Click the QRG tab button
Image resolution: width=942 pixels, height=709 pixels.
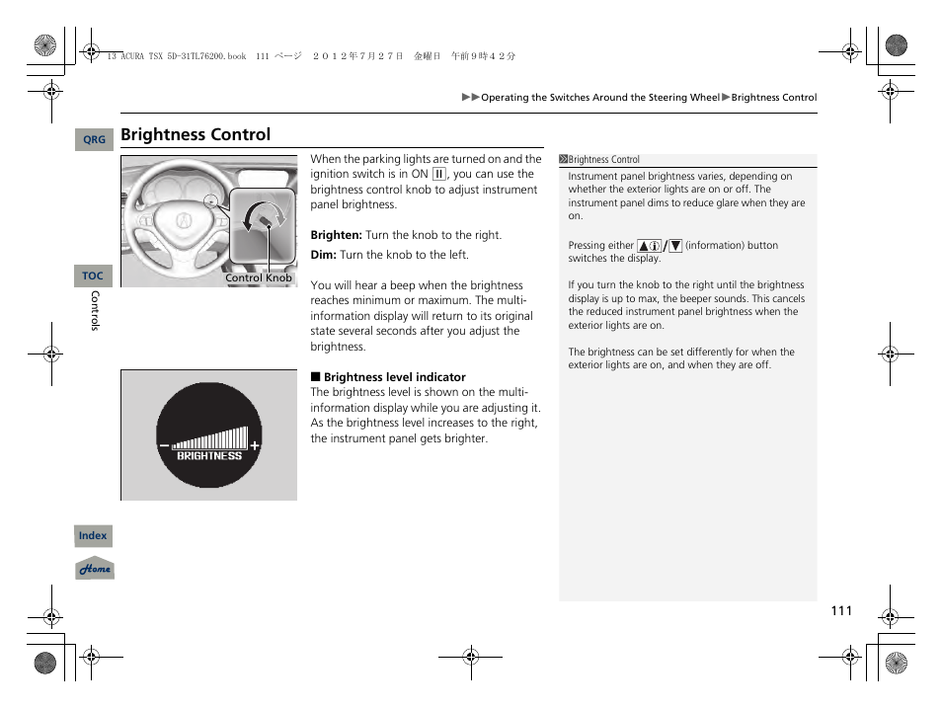tap(94, 140)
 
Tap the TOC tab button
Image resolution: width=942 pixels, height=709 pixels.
tap(93, 276)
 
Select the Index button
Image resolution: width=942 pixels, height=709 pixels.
tap(93, 536)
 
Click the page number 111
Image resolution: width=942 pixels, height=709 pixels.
tap(839, 611)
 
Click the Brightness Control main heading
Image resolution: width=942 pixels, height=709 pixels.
tap(196, 135)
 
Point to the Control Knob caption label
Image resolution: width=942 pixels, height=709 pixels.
tap(259, 278)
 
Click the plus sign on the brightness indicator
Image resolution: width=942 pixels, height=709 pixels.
tap(255, 445)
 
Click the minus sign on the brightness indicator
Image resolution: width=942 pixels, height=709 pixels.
tap(164, 446)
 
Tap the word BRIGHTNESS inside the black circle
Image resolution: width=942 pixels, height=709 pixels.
tap(209, 456)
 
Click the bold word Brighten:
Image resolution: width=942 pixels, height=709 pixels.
tap(336, 236)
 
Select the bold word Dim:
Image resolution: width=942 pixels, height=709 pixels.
tap(323, 255)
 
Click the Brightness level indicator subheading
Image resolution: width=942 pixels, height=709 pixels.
tap(394, 377)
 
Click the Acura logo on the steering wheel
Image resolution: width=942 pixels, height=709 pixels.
tap(184, 222)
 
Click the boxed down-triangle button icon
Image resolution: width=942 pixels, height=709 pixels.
tap(675, 246)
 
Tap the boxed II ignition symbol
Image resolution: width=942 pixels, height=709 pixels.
tap(439, 175)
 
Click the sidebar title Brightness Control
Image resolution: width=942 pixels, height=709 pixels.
tap(603, 160)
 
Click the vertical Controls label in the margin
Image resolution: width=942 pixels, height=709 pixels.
tap(95, 311)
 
